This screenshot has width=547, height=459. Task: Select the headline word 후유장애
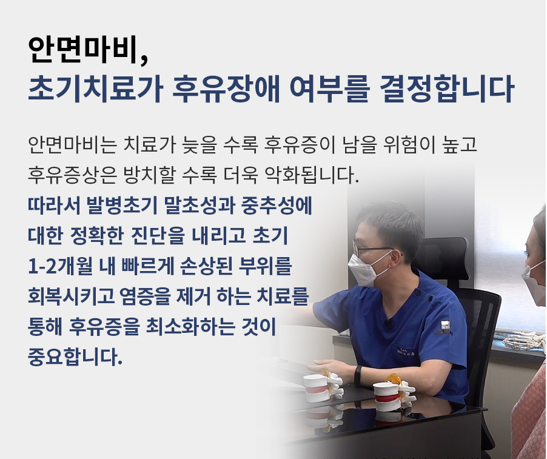click(x=227, y=89)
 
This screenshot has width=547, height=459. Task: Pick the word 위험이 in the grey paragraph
click(x=408, y=144)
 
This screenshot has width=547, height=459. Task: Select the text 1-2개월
click(x=61, y=267)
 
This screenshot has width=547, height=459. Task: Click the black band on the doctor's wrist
click(x=358, y=376)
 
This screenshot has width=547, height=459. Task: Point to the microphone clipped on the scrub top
click(x=389, y=324)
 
